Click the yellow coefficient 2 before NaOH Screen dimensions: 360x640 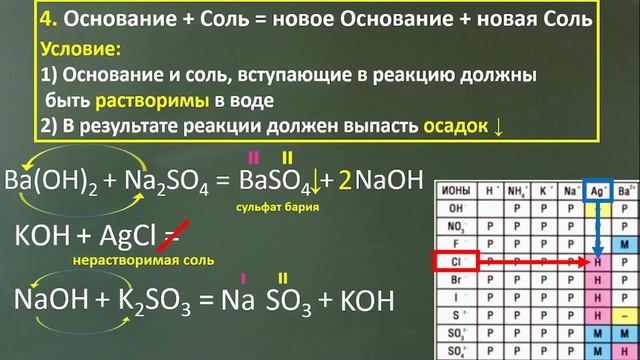(344, 181)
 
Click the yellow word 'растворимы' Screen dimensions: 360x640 (152, 100)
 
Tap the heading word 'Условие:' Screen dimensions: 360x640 (81, 49)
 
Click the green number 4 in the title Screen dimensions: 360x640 (23, 20)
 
